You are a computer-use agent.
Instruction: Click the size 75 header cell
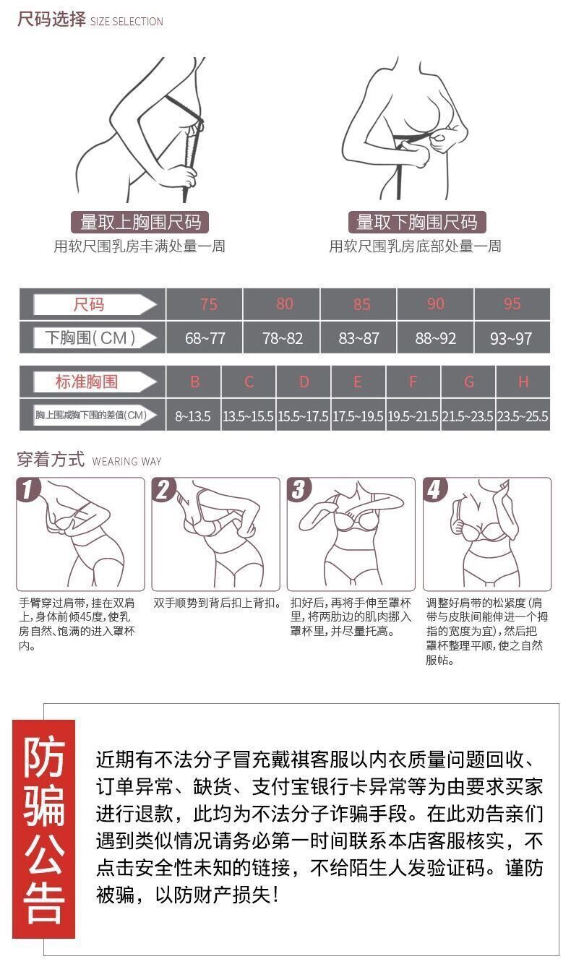click(205, 304)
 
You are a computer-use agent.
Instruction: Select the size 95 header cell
click(512, 304)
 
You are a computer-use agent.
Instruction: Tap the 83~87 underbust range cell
click(359, 338)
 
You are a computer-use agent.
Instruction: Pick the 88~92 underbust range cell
click(436, 338)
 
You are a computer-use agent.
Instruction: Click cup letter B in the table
click(194, 382)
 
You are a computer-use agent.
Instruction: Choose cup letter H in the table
click(523, 382)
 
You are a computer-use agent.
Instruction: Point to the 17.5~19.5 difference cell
click(359, 416)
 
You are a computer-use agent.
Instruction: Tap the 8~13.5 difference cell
click(194, 416)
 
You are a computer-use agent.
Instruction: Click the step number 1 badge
click(27, 489)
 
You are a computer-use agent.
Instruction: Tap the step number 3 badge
click(298, 489)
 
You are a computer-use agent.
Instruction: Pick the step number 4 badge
click(434, 489)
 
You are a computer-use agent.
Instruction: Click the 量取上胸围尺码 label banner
click(139, 222)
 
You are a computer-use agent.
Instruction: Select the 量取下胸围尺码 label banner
click(417, 222)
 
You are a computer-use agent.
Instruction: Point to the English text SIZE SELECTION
click(126, 21)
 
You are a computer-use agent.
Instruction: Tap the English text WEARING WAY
click(126, 461)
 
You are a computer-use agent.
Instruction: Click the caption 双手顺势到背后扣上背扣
click(215, 603)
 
